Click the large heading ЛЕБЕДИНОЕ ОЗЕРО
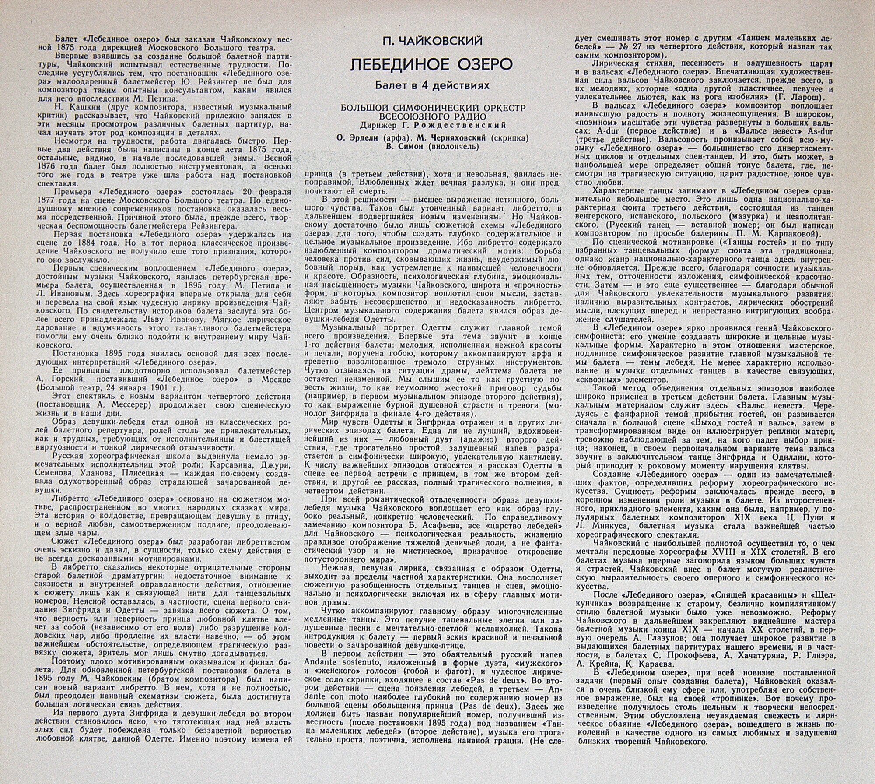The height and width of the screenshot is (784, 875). point(431,65)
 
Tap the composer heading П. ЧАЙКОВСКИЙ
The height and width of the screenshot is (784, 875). point(431,42)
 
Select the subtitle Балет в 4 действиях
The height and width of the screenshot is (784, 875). point(431,85)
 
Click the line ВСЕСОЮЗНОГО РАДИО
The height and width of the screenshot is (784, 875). point(431,116)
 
